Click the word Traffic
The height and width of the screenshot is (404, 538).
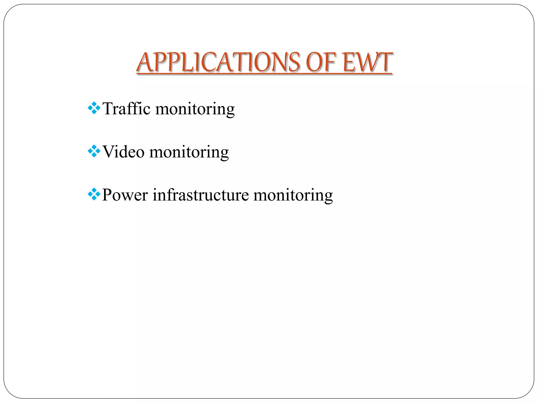point(126,109)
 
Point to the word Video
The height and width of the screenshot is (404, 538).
point(123,152)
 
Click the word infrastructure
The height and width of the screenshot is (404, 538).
point(201,195)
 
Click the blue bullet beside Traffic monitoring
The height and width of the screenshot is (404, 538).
point(94,108)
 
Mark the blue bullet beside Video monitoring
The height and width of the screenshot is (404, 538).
point(94,151)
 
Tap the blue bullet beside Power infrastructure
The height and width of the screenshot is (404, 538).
point(94,194)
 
